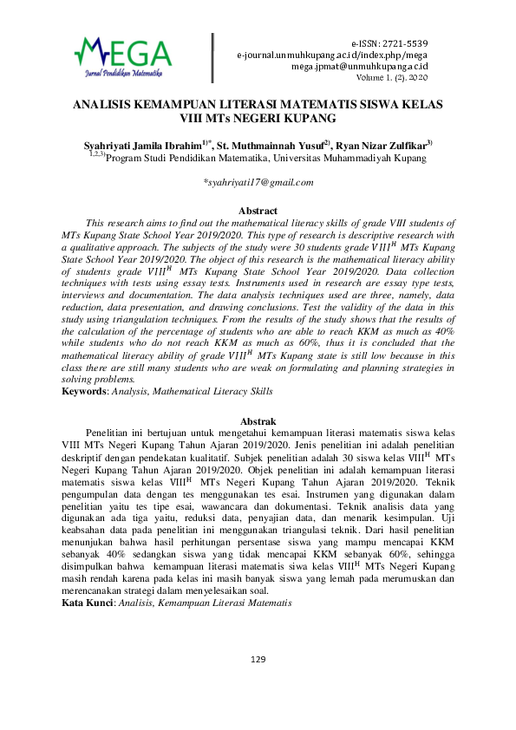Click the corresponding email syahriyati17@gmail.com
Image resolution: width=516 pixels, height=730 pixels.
258,182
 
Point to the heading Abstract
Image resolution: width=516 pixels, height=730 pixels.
258,211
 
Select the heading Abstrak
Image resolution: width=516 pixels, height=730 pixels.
258,420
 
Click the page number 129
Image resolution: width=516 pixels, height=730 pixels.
258,684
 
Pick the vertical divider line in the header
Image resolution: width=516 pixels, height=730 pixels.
212,58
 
